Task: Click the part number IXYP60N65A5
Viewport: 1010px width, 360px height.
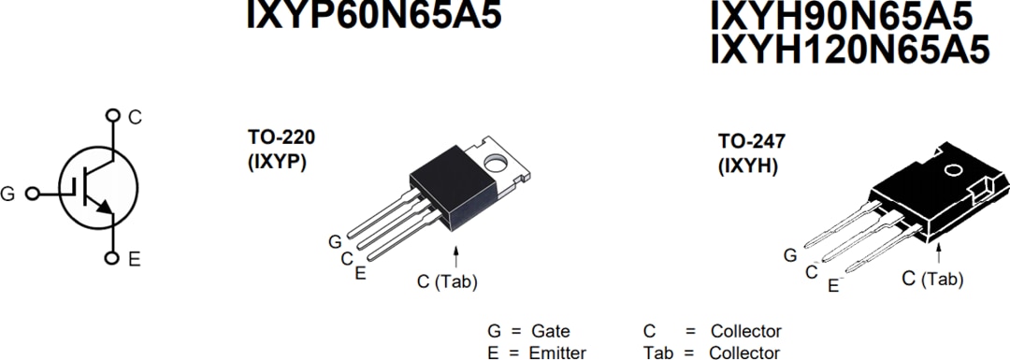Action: click(374, 14)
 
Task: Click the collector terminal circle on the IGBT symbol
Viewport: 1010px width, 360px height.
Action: click(112, 116)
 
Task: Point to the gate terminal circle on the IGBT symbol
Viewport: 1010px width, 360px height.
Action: click(33, 194)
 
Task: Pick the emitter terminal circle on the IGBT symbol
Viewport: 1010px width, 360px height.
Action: click(112, 258)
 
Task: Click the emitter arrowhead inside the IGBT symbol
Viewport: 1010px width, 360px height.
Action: click(104, 208)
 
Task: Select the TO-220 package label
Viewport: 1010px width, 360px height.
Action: click(281, 137)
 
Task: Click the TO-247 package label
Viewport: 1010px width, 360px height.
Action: click(752, 142)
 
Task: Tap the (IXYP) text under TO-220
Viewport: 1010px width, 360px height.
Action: click(278, 161)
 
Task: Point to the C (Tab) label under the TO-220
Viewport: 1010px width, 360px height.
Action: click(447, 281)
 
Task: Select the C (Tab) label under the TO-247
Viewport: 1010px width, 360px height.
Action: click(932, 278)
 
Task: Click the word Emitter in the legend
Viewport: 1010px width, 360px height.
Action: click(558, 353)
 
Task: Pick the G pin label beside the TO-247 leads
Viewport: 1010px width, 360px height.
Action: click(790, 254)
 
